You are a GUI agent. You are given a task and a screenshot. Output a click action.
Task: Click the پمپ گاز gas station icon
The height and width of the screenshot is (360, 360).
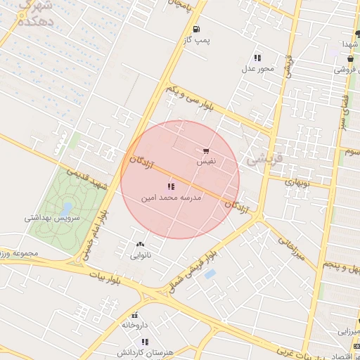click(x=195, y=30)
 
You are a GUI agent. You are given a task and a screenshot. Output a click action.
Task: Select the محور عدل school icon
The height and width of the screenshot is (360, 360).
click(x=257, y=58)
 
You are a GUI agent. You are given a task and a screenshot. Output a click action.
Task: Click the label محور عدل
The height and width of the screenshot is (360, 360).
click(x=257, y=69)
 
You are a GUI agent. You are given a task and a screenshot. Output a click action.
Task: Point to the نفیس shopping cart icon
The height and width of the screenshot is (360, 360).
click(x=205, y=150)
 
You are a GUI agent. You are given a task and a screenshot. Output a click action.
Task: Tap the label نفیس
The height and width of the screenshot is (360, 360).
click(x=205, y=162)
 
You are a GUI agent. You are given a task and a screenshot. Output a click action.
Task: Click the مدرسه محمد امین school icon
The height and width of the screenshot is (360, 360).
click(x=170, y=187)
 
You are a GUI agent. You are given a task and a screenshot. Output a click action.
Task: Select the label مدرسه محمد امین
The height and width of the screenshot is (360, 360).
click(x=172, y=198)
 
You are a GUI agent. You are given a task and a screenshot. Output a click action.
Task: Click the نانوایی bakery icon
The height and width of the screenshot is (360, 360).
click(x=141, y=245)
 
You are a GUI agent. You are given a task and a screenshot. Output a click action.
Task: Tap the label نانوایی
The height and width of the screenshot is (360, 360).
click(x=141, y=256)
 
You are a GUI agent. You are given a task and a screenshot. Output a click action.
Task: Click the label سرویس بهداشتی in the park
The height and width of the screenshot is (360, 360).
click(x=53, y=219)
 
